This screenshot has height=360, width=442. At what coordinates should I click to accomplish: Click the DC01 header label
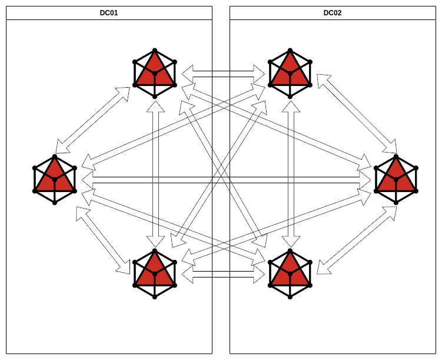point(109,12)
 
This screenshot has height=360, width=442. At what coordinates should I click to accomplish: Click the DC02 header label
point(333,12)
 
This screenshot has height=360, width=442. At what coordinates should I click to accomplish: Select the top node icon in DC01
point(155,74)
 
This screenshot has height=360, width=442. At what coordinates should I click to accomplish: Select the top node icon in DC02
point(290,74)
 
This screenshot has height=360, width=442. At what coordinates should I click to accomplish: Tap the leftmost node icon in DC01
point(55,179)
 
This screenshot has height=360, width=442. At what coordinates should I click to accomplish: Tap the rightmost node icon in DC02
point(396,179)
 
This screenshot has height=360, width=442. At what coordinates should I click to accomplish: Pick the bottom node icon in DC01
point(155,274)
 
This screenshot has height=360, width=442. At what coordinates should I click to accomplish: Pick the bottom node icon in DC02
point(290,274)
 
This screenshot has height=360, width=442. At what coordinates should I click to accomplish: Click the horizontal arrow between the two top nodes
point(223,74)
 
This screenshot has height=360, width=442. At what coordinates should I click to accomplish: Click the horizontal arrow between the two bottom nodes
point(223,275)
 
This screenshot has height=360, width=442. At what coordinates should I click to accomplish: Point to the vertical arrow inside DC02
point(290,174)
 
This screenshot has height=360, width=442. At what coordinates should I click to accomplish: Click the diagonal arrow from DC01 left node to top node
point(93,120)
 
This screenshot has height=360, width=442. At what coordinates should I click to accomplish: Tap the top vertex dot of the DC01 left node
point(55,156)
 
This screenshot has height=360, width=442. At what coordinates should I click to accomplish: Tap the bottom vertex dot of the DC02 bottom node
point(290,297)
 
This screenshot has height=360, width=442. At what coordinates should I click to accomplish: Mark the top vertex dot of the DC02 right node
point(396,156)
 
